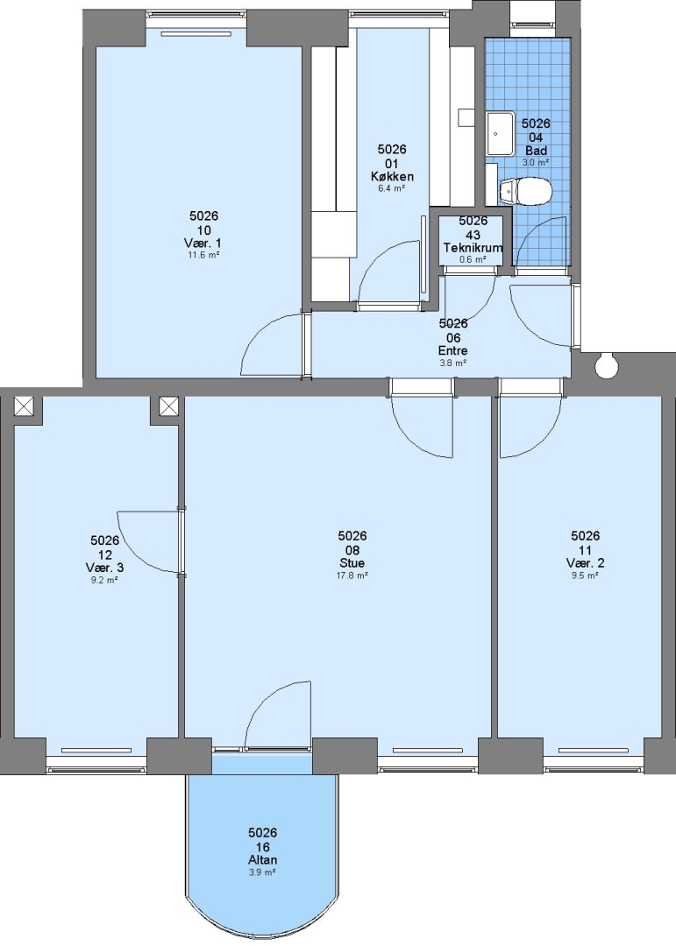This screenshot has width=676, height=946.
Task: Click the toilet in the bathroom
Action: pyautogui.click(x=525, y=191)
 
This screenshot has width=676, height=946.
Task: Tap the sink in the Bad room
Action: pyautogui.click(x=500, y=133)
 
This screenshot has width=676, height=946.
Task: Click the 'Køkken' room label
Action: pyautogui.click(x=392, y=177)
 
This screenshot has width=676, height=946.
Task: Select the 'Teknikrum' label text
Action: pyautogui.click(x=473, y=248)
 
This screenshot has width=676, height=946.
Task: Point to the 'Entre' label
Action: pyautogui.click(x=453, y=350)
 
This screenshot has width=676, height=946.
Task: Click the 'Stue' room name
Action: pyautogui.click(x=352, y=563)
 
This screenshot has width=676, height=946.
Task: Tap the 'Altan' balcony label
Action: pyautogui.click(x=263, y=860)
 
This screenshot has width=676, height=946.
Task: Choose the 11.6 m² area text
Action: pyautogui.click(x=203, y=255)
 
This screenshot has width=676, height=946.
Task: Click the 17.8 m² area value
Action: pyautogui.click(x=352, y=575)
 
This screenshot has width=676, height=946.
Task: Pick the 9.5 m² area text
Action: pyautogui.click(x=586, y=575)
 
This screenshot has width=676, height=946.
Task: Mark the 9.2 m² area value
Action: pyautogui.click(x=104, y=580)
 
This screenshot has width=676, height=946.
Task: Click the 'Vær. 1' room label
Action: pyautogui.click(x=203, y=244)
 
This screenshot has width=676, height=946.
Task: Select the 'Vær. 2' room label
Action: pyautogui.click(x=586, y=563)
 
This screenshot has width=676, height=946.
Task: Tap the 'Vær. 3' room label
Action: pyautogui.click(x=104, y=568)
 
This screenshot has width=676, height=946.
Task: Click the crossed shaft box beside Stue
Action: pyautogui.click(x=168, y=406)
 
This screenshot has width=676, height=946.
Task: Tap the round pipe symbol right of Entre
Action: pyautogui.click(x=605, y=365)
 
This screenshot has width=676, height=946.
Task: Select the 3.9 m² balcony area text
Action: pyautogui.click(x=263, y=872)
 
